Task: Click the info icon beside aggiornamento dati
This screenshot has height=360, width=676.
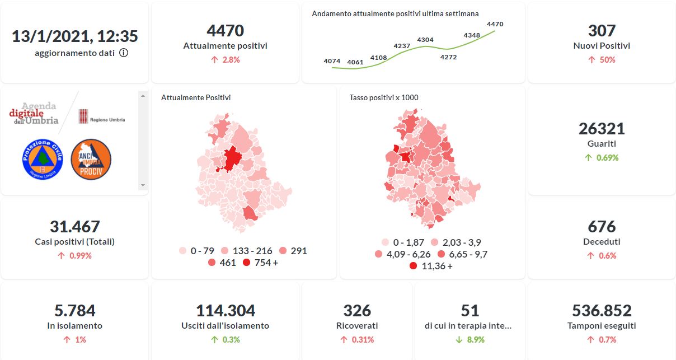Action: click(x=124, y=53)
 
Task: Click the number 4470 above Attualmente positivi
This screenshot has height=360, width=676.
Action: click(x=225, y=30)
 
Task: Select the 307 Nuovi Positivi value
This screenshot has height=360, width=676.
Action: click(x=602, y=30)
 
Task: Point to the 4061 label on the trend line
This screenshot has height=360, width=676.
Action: click(x=355, y=62)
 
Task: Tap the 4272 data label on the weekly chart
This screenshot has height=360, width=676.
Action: click(x=448, y=57)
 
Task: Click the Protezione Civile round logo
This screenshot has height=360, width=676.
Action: click(x=42, y=160)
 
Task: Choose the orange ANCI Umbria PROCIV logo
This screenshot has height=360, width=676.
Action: click(x=91, y=160)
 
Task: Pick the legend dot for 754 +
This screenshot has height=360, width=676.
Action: click(x=247, y=262)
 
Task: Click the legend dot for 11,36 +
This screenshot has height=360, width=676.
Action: click(x=413, y=266)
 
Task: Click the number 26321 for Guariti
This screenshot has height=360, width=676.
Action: click(x=602, y=129)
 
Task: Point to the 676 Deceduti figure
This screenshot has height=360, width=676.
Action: click(x=602, y=227)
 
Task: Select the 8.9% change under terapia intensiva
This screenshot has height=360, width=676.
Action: click(x=475, y=339)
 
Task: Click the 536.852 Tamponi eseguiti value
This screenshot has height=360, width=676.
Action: click(x=602, y=311)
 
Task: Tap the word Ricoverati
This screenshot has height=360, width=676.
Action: click(x=357, y=325)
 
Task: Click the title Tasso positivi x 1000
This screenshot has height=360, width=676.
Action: click(x=384, y=97)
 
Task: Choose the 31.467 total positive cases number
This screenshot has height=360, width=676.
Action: click(x=74, y=227)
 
